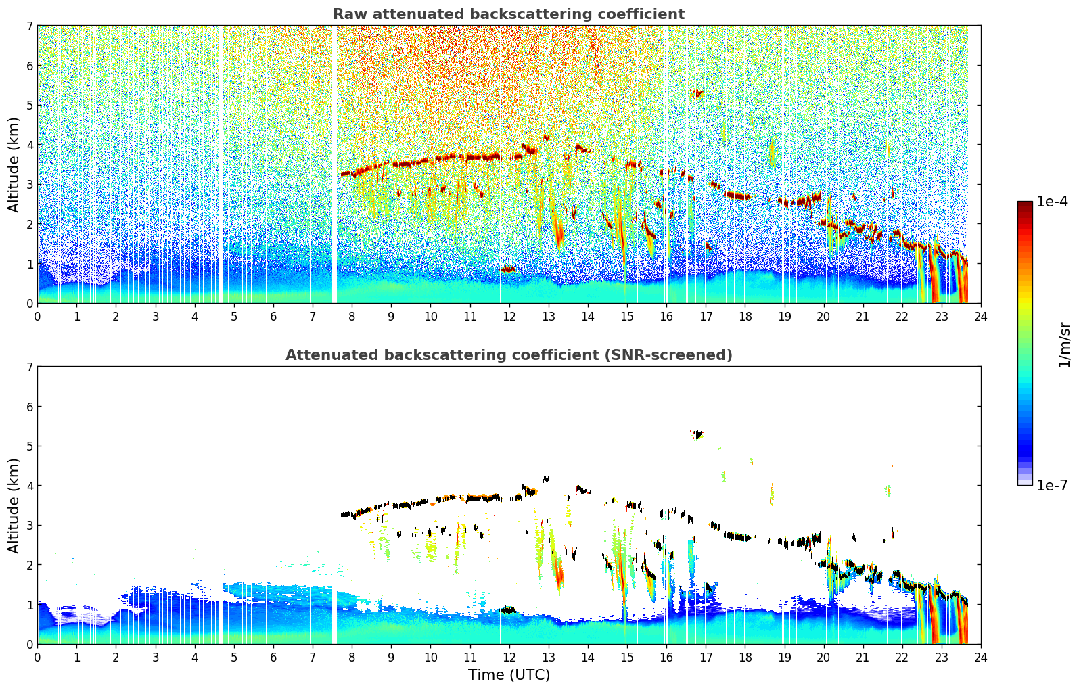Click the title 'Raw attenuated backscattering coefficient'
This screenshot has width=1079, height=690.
(508, 14)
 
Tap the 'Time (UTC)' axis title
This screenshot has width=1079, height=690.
(509, 674)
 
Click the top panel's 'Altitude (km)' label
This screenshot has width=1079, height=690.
(14, 164)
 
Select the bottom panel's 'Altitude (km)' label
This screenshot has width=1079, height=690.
(14, 505)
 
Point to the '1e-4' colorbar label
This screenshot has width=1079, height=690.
(1052, 202)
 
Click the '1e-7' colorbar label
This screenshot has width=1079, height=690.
(1052, 485)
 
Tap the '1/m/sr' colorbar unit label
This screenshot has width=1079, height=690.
(1064, 344)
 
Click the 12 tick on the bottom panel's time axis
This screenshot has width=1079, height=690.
(509, 658)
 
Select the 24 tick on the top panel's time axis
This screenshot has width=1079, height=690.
(980, 317)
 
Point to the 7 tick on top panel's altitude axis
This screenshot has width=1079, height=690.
(29, 26)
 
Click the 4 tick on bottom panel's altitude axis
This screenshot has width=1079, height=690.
(29, 486)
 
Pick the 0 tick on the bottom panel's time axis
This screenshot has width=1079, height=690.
(37, 658)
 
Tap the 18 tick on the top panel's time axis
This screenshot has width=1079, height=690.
(745, 317)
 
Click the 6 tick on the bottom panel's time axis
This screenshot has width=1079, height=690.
(273, 658)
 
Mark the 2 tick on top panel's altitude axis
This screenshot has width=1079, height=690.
(29, 224)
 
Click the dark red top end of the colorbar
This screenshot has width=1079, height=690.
(1024, 205)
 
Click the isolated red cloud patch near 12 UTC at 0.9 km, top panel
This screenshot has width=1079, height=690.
(507, 269)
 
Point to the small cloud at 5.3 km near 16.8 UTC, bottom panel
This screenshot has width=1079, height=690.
(696, 434)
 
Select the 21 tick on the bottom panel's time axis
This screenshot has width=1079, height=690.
(863, 658)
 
